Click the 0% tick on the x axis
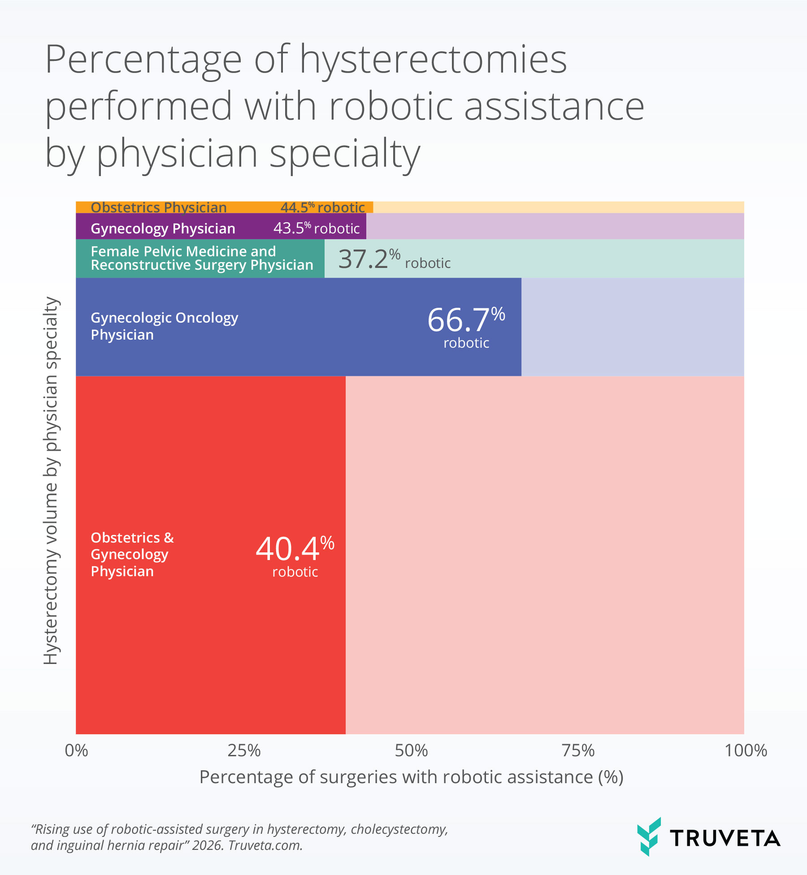[77, 750]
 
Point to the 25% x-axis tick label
[244, 750]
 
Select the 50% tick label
[411, 750]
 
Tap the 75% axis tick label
[578, 750]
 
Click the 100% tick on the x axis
[746, 750]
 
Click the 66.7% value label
[466, 321]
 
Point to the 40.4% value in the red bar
[295, 549]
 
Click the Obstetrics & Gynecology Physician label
[132, 554]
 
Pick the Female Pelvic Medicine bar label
[202, 258]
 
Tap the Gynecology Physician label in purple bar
[163, 228]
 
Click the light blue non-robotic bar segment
[632, 327]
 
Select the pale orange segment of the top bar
[558, 207]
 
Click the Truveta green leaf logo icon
[649, 837]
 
